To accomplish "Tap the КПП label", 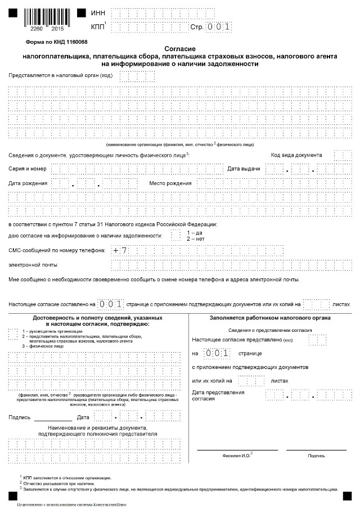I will pyautogui.click(x=97, y=26).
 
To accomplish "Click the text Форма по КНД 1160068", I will pyautogui.click(x=56, y=42).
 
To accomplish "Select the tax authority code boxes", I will pyautogui.click(x=133, y=75).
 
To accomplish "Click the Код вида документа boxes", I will pyautogui.click(x=342, y=155).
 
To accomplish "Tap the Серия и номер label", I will pyautogui.click(x=28, y=169).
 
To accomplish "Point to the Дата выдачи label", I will pyautogui.click(x=244, y=169).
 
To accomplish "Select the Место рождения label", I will pyautogui.click(x=170, y=183).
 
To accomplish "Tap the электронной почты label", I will pyautogui.click(x=34, y=264).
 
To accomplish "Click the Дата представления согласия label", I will pyautogui.click(x=218, y=395).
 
